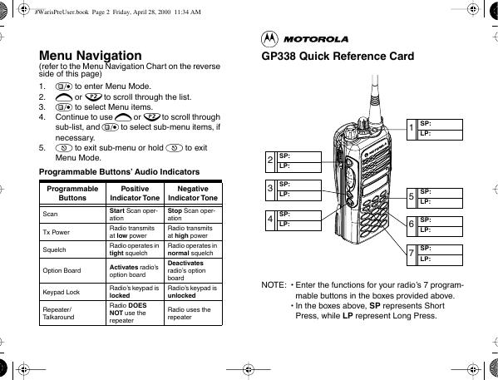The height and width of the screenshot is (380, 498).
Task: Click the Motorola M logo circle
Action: click(269, 39)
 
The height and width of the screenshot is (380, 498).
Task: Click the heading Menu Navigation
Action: click(90, 56)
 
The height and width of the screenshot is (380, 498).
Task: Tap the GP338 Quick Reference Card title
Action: click(338, 57)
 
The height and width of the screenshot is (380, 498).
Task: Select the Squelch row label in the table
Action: click(54, 249)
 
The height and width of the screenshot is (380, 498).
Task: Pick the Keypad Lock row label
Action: click(62, 292)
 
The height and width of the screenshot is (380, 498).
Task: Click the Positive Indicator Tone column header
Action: click(135, 193)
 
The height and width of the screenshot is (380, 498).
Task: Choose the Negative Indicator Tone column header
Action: click(193, 193)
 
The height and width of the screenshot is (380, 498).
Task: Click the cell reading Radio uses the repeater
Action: click(189, 313)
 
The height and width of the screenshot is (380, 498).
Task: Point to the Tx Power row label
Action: click(57, 232)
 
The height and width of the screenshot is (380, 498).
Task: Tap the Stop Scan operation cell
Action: click(191, 215)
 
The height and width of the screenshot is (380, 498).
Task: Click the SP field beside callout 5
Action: click(441, 193)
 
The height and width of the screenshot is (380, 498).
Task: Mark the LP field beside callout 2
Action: click(299, 167)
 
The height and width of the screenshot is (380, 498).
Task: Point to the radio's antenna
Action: click(375, 99)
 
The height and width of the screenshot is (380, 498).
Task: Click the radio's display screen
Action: click(376, 185)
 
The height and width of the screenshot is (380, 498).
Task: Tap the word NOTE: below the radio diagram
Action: click(274, 284)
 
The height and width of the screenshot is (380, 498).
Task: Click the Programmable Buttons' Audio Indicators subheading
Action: click(119, 172)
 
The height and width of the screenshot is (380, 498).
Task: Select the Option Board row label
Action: click(62, 270)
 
